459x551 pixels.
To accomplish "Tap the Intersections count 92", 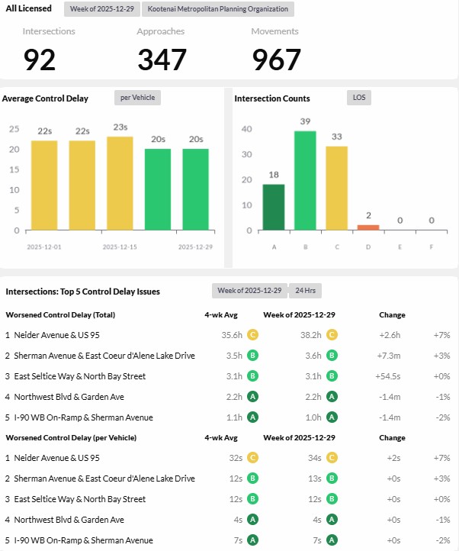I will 40,59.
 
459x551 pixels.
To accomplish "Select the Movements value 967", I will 276,59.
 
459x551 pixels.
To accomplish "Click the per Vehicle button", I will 137,98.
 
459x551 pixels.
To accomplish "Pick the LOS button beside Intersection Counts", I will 358,98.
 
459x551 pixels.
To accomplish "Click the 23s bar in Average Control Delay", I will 120,183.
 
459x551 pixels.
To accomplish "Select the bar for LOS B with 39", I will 305,180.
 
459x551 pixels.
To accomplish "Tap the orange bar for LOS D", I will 368,227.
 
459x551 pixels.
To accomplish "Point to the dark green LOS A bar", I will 274,206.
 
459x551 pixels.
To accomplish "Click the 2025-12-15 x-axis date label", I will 120,247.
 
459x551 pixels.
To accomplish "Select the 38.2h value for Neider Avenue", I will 308,335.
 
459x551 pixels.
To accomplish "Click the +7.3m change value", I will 390,356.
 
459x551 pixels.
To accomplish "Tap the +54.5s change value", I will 389,376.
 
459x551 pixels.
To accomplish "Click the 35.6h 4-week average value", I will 231,335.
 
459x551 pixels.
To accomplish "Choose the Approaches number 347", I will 162,59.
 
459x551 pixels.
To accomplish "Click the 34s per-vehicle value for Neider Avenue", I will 314,458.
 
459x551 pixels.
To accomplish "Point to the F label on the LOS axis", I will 431,247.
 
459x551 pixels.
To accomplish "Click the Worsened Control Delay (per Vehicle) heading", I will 71,437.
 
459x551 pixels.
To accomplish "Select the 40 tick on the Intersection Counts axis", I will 246,129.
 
